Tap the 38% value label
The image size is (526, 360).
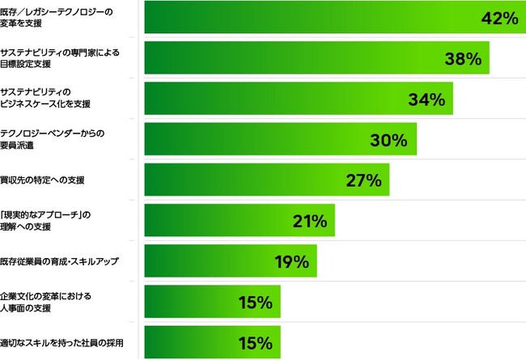point(463,58)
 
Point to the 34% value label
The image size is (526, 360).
point(426,100)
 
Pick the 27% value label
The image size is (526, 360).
point(363,180)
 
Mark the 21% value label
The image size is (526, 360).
point(308,221)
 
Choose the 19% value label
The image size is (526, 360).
point(291,261)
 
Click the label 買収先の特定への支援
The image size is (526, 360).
point(42,180)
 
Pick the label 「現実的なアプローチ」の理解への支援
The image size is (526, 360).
point(44,220)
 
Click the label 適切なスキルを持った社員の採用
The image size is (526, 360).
point(62,342)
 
